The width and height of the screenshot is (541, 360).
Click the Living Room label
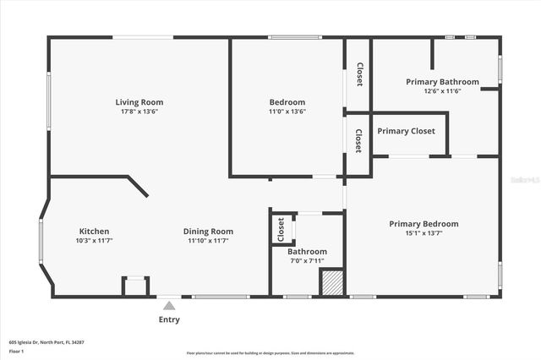tap(139, 102)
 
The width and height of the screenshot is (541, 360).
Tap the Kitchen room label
tap(94, 232)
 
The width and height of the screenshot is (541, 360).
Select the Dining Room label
tap(208, 232)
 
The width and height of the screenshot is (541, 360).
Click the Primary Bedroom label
tap(424, 224)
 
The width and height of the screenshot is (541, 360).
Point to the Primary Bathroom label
tap(442, 82)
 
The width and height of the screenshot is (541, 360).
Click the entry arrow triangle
tap(169, 306)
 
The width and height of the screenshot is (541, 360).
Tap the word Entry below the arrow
tap(169, 320)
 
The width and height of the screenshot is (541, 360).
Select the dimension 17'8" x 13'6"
tap(139, 112)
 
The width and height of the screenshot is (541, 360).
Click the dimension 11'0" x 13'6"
tap(287, 112)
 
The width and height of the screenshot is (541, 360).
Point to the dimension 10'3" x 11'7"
tap(94, 241)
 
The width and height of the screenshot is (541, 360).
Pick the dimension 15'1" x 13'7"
tap(424, 233)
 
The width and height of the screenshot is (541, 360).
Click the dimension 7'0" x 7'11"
tap(307, 260)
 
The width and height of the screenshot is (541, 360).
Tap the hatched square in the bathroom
tap(331, 282)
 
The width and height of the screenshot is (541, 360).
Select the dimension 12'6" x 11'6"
tap(442, 91)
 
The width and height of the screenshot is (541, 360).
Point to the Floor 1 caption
tap(17, 351)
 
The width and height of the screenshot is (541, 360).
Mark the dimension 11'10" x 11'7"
tap(208, 241)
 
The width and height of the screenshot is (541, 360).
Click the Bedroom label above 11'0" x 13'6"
tap(287, 102)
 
